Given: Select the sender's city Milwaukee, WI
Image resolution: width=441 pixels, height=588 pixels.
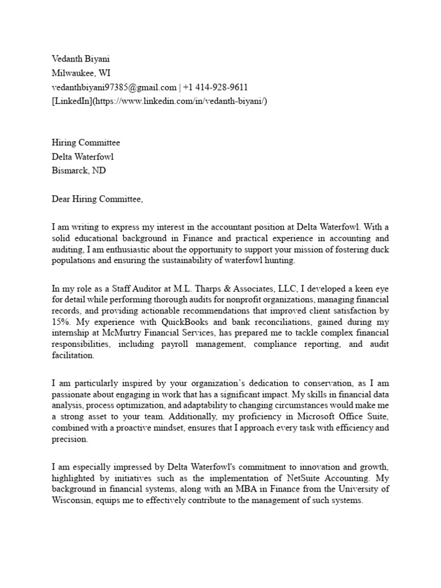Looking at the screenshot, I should [82, 72].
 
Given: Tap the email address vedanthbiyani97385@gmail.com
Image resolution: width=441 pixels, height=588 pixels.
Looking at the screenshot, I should [114, 87].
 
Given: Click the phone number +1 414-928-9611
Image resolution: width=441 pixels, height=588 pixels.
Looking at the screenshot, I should [215, 87].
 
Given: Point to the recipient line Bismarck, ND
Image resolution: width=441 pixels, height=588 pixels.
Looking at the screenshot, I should [79, 171].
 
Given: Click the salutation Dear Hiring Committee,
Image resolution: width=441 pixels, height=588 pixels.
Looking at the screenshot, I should [96, 199].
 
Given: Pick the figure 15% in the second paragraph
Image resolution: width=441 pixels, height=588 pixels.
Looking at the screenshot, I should [60, 322].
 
